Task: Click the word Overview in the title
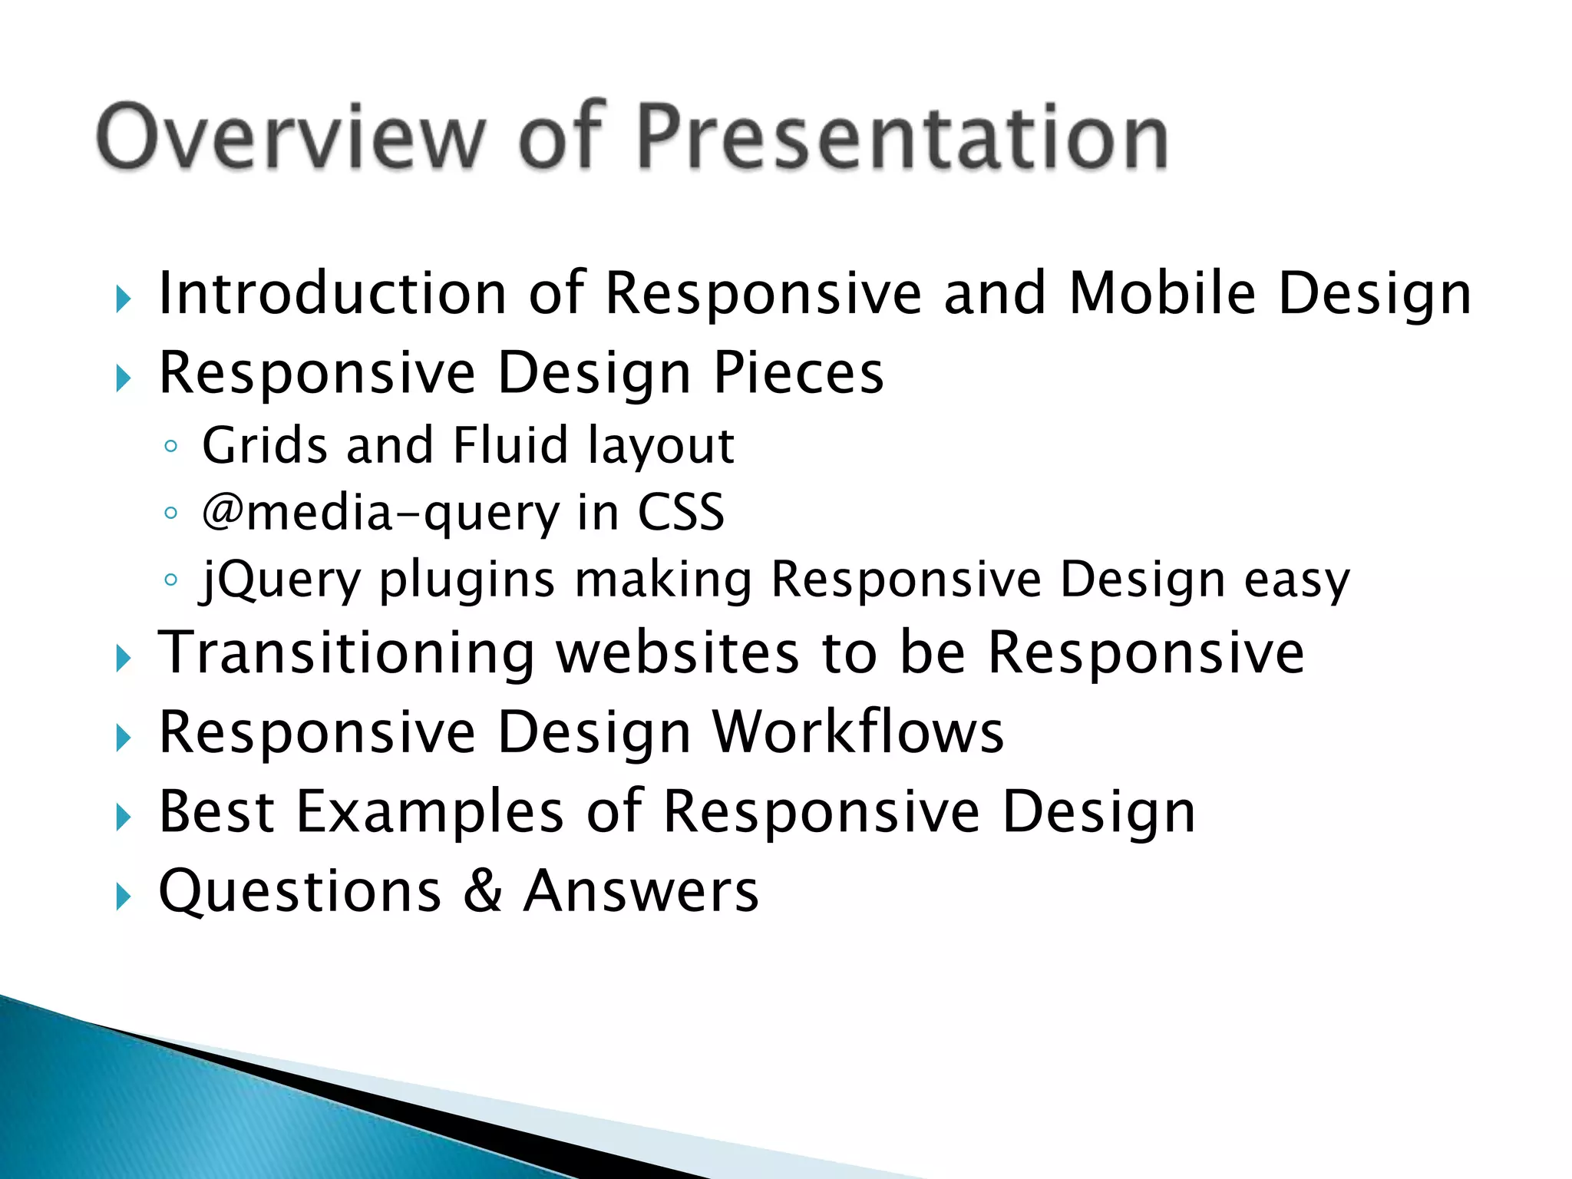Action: point(292,137)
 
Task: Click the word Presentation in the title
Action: point(902,137)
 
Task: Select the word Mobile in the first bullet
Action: point(1162,293)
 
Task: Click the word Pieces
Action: point(798,373)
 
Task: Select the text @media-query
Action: point(381,513)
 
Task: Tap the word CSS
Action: point(681,513)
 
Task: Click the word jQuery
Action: point(280,580)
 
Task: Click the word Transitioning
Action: point(346,653)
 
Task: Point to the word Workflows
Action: point(858,732)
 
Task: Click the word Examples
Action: point(430,812)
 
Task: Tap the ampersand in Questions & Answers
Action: point(483,891)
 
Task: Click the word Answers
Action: point(641,891)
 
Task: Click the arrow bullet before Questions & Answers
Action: point(124,896)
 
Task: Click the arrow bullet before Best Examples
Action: point(124,817)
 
